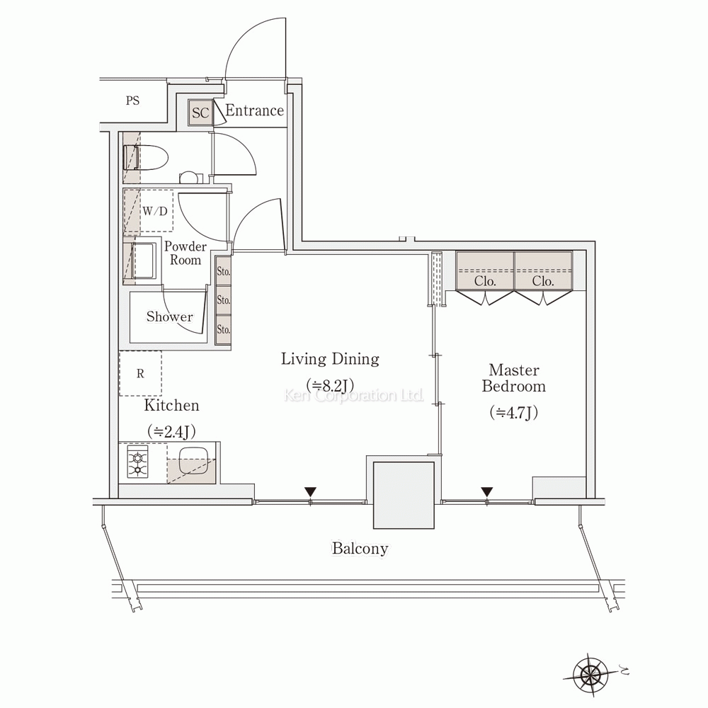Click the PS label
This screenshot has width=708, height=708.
132,101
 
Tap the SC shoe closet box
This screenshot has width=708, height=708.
200,113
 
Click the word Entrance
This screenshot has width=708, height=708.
254,110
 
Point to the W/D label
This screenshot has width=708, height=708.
155,211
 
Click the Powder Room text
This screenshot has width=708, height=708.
185,253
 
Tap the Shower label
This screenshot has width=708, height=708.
169,316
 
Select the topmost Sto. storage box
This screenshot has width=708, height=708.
224,271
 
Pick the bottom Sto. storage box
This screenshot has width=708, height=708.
224,329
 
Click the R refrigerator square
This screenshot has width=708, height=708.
140,373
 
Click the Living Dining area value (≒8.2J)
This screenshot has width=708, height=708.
330,384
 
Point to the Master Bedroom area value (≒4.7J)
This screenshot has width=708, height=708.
513,412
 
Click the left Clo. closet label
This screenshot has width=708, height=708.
485,280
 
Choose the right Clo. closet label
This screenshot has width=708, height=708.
543,280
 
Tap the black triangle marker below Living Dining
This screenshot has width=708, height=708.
309,491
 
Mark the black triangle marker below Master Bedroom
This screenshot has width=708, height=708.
486,491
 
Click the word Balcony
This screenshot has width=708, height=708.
360,548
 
